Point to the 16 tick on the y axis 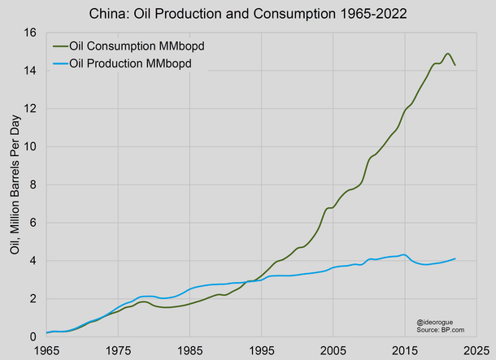pos(31,33)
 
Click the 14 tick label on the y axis pos(31,71)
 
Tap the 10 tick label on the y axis pos(31,146)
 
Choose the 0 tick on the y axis pos(34,336)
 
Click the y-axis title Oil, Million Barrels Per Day pos(14,184)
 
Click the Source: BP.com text pos(435,330)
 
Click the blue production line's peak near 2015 pos(404,254)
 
